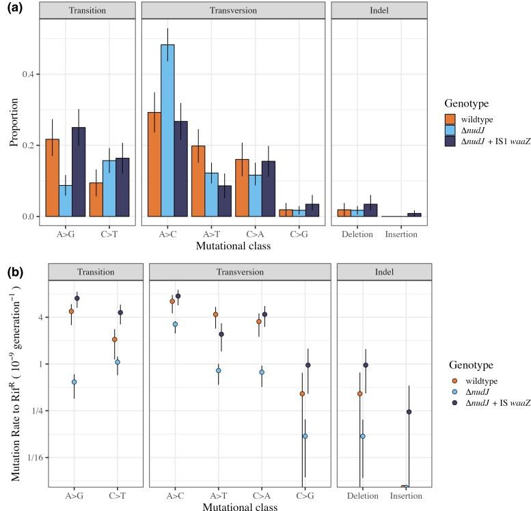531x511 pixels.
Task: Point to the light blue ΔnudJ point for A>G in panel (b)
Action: [x=74, y=382]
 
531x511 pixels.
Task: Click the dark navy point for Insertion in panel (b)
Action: [x=409, y=412]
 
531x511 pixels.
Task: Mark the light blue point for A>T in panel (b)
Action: [x=218, y=370]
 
